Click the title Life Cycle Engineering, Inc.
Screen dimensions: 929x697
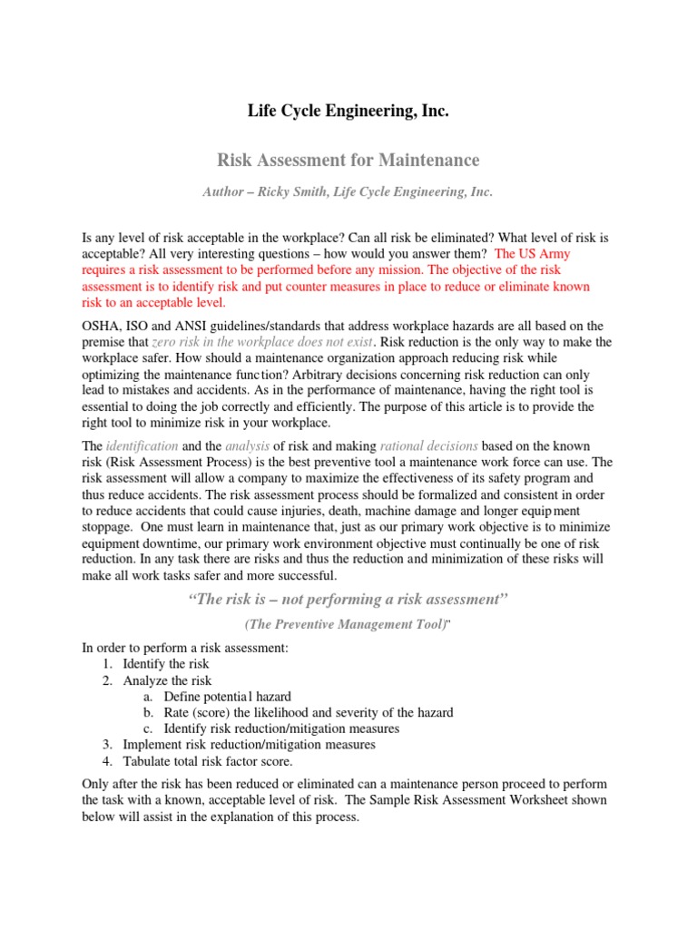coord(348,112)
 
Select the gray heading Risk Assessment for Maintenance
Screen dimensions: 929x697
coord(348,161)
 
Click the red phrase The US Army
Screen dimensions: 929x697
coord(533,254)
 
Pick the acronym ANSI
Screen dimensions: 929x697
coord(188,326)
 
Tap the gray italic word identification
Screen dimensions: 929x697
coord(141,446)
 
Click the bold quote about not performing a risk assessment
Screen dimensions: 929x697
coord(348,600)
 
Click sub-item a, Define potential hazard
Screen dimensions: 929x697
coord(227,697)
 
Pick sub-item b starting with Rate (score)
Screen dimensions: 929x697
coord(309,713)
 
